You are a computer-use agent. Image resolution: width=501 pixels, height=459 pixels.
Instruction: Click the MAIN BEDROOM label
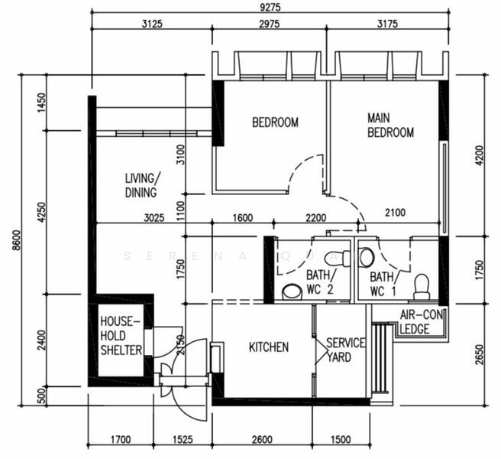pyautogui.click(x=390, y=125)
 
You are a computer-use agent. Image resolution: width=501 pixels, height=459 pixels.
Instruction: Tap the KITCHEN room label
pyautogui.click(x=269, y=347)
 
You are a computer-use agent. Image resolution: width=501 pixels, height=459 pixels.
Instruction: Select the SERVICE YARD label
pyautogui.click(x=345, y=350)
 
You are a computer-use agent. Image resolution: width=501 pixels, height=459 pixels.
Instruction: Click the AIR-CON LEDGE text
pyautogui.click(x=422, y=323)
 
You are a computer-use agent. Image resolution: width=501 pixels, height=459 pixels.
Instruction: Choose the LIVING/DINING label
pyautogui.click(x=141, y=185)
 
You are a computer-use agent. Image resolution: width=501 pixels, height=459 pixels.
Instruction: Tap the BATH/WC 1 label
pyautogui.click(x=383, y=284)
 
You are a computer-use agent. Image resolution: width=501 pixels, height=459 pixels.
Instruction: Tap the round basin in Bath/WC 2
pyautogui.click(x=291, y=291)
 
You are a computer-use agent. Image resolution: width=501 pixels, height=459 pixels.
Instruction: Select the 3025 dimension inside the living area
pyautogui.click(x=154, y=219)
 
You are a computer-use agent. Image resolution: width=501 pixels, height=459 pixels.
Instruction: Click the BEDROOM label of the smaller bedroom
pyautogui.click(x=275, y=122)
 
